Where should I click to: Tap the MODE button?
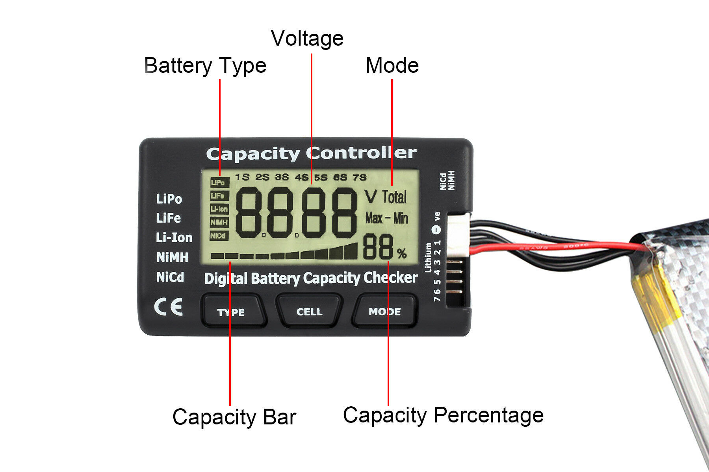coord(385,312)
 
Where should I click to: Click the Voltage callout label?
coord(307,39)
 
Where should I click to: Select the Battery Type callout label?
coord(205,65)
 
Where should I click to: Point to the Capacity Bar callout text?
coord(234,417)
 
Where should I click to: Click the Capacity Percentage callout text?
coord(443,415)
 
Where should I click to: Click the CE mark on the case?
coord(169,307)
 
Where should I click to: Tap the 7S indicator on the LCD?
coord(360,177)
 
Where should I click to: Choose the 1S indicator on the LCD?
coord(242,177)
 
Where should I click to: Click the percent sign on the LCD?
coord(402,254)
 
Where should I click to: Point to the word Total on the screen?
coord(394,197)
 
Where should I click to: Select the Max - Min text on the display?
coord(386,218)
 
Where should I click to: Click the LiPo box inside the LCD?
coord(219,183)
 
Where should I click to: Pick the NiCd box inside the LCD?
coord(219,236)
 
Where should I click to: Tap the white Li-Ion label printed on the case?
coord(174,238)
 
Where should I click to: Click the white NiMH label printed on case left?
coord(172,257)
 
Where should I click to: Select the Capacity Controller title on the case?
coord(311,153)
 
